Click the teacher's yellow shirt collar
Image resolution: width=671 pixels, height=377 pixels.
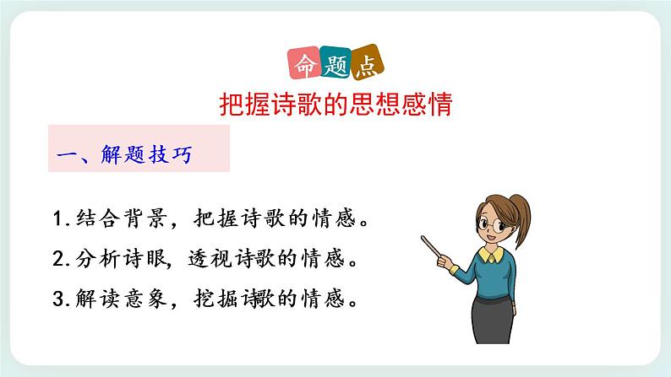[x=493, y=253]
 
